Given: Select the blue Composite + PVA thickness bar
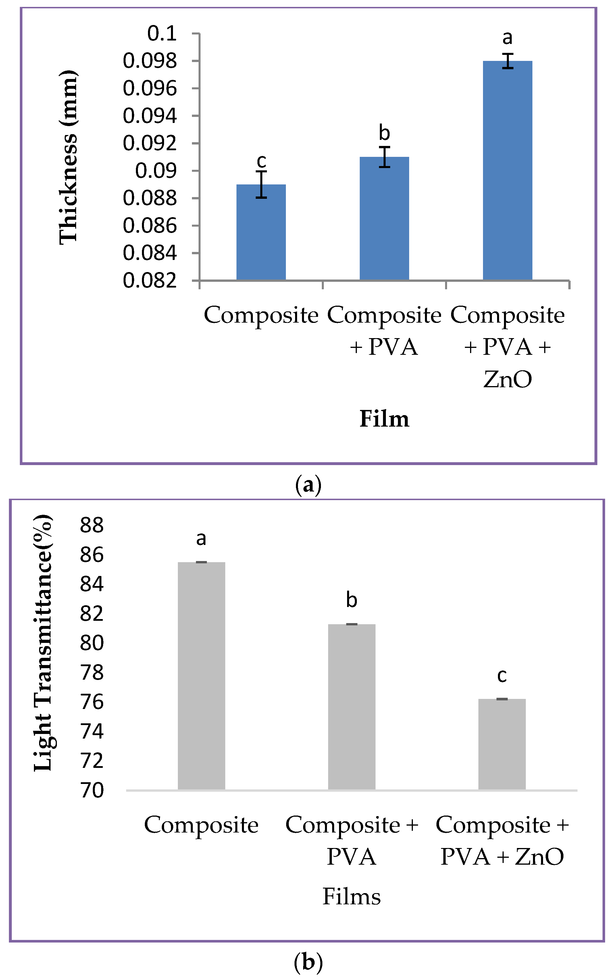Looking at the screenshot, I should [x=384, y=218].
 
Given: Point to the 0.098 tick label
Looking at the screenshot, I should [x=150, y=61].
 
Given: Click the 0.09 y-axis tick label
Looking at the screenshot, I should [x=156, y=171].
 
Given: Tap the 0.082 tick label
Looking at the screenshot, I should [x=150, y=280].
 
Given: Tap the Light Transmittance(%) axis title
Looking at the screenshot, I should [x=43, y=643].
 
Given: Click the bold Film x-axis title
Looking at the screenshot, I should [x=384, y=419].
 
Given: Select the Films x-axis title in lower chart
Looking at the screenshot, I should [x=351, y=897].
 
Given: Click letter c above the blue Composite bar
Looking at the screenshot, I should [x=261, y=161].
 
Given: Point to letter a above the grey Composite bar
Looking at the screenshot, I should [x=201, y=538].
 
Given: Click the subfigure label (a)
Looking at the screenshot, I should [x=308, y=485].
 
